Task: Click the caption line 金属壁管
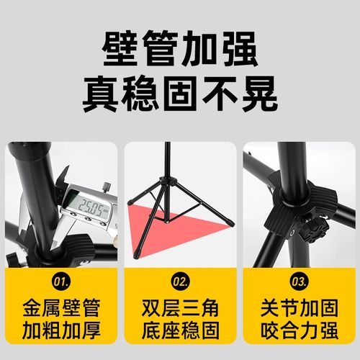[x=61, y=305]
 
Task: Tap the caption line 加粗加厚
[x=61, y=331]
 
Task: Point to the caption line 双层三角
[x=180, y=305]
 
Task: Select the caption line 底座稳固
[x=180, y=331]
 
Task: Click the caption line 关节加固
[x=299, y=305]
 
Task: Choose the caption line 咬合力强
[x=299, y=331]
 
